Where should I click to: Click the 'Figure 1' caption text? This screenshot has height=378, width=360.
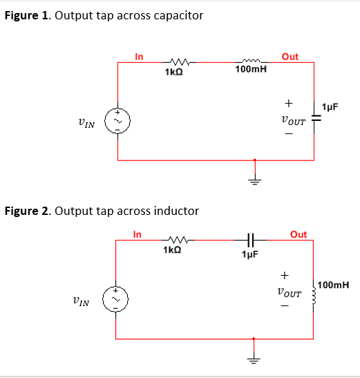point(104,15)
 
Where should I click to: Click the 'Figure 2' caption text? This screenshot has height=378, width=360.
point(102,210)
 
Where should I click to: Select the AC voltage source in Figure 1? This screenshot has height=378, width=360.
point(117,122)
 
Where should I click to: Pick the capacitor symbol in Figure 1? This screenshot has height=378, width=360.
point(315,119)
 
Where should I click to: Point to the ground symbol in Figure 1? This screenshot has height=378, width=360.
point(255,180)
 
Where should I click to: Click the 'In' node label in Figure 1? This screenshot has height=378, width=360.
point(139,57)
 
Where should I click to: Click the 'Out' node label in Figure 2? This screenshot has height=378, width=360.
point(299,234)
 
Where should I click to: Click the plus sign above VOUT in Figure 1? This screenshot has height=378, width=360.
point(288,104)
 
